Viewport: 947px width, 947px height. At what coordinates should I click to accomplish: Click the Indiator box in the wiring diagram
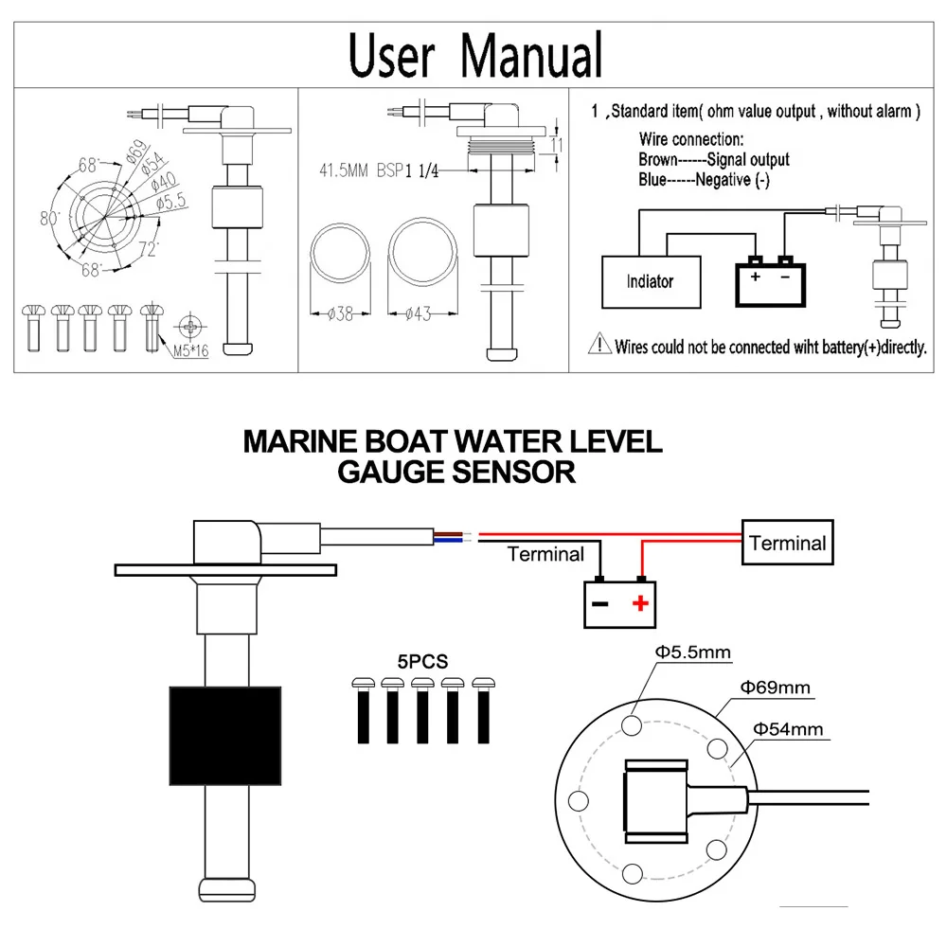pos(651,281)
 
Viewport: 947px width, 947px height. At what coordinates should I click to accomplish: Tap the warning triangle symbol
pos(600,347)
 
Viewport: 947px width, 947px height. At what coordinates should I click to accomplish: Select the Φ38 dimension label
pos(339,314)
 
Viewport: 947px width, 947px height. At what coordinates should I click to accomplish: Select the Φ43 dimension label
pos(417,314)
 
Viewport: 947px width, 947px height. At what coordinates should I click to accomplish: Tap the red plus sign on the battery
pos(641,602)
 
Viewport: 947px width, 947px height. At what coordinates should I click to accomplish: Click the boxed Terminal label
pos(787,543)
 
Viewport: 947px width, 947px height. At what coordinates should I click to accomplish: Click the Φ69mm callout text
pos(776,688)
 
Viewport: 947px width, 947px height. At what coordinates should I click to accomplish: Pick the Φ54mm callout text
pos(788,729)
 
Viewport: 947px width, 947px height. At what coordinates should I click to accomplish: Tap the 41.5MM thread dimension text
pos(345,171)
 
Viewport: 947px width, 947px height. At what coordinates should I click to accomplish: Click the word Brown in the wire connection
pos(658,160)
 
